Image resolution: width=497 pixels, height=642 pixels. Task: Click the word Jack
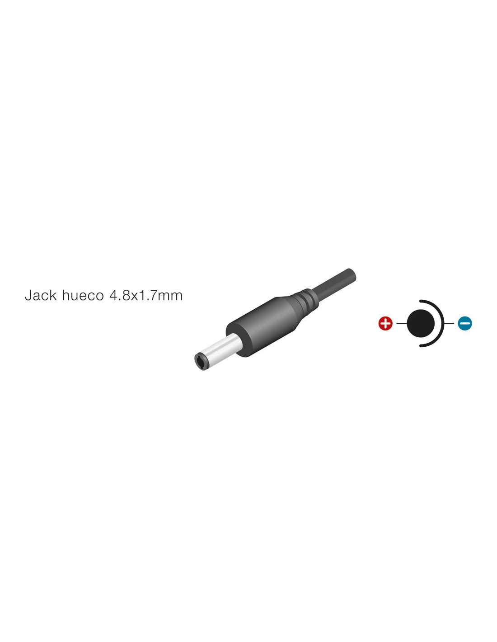[x=41, y=295]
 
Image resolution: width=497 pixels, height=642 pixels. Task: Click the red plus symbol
[x=385, y=324]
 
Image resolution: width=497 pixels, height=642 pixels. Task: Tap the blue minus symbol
[x=465, y=324]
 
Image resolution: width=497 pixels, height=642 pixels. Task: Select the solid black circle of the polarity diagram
[x=421, y=324]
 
